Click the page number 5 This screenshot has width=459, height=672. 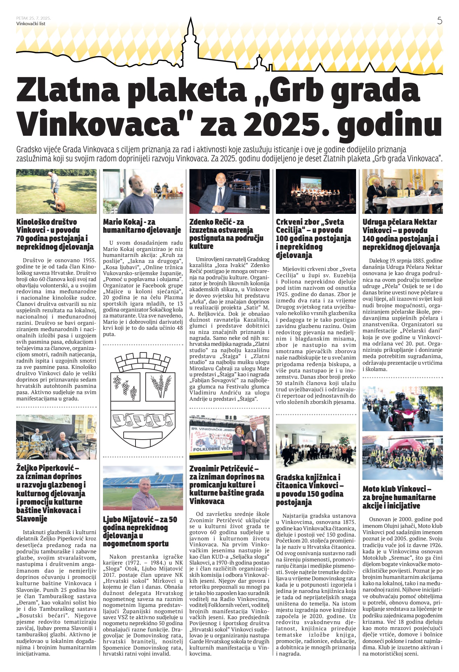[439, 21]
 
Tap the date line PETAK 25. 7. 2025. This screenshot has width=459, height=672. [34, 18]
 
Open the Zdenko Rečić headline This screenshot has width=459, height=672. [226, 234]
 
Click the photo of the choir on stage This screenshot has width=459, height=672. [316, 191]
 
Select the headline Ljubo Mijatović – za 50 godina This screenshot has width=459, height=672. [140, 531]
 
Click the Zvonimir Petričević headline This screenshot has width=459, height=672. [227, 485]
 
